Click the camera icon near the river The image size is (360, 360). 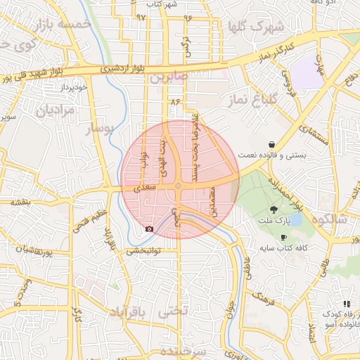(149, 229)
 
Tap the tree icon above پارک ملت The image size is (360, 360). (274, 209)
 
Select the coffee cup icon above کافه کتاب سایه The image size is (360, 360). (283, 238)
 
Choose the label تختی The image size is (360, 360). (174, 310)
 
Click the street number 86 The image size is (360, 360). (174, 103)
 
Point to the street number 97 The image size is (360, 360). (140, 16)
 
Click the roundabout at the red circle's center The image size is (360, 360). (179, 186)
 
